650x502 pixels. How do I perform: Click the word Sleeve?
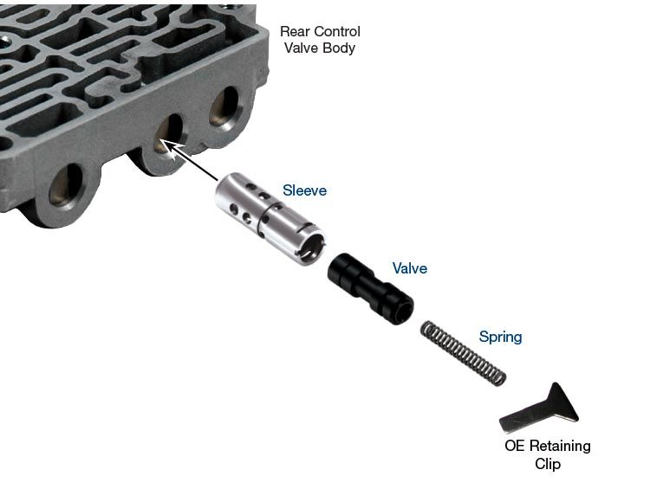click(305, 190)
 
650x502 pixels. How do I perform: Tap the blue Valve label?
click(410, 268)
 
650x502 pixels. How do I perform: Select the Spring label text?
click(500, 337)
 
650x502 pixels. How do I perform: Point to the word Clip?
click(548, 464)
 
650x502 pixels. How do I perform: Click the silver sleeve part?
click(270, 218)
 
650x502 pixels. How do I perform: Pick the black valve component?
click(370, 289)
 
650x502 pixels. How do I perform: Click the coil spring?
click(463, 353)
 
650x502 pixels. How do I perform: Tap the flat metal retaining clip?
click(539, 409)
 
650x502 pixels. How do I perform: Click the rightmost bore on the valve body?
click(224, 106)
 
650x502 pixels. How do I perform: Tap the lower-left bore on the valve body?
click(66, 185)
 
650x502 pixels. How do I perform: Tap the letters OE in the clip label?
click(515, 446)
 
